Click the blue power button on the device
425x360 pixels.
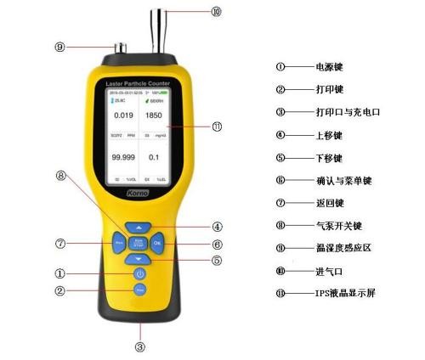click(x=140, y=274)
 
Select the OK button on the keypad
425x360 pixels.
click(x=157, y=243)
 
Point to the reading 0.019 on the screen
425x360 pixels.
click(x=123, y=114)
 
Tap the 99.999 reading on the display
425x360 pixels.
click(x=124, y=158)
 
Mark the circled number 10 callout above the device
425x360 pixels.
click(x=216, y=12)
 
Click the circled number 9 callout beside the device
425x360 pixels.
click(x=59, y=48)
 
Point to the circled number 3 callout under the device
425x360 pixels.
click(x=139, y=346)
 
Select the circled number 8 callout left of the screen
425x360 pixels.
click(x=60, y=177)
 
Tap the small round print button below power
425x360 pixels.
click(x=140, y=290)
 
